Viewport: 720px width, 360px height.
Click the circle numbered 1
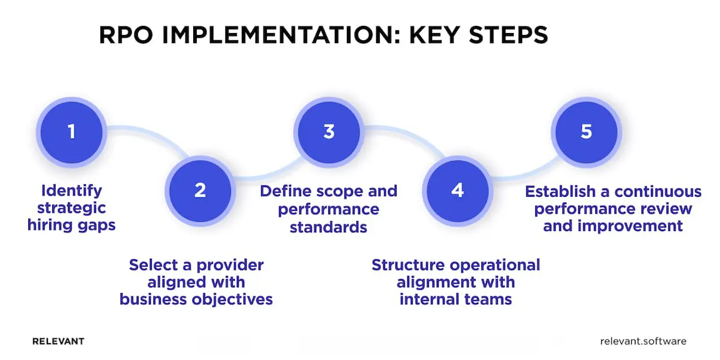pyautogui.click(x=71, y=131)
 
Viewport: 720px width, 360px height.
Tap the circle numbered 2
pyautogui.click(x=200, y=190)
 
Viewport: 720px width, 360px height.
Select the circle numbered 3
pyautogui.click(x=329, y=131)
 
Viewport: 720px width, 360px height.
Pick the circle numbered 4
pyautogui.click(x=457, y=190)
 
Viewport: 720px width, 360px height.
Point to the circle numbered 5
pyautogui.click(x=586, y=131)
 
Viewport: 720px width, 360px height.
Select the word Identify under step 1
pyautogui.click(x=72, y=191)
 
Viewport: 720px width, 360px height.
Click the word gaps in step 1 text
pyautogui.click(x=97, y=226)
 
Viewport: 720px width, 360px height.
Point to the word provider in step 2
pyautogui.click(x=232, y=265)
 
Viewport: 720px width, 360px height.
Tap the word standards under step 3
pyautogui.click(x=328, y=227)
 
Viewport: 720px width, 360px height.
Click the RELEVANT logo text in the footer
pyautogui.click(x=58, y=341)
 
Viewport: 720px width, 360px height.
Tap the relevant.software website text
pyautogui.click(x=643, y=341)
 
